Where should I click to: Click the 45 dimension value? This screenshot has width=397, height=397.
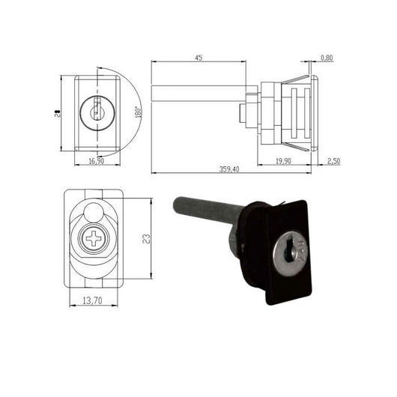[198, 58]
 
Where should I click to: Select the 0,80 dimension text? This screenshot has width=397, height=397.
[327, 58]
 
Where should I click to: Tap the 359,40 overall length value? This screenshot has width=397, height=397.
[229, 169]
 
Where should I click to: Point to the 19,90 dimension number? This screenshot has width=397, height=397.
[283, 161]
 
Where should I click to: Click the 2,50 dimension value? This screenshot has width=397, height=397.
[333, 161]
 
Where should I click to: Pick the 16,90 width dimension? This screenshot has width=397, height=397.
[96, 161]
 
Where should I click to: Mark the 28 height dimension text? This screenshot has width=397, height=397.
[58, 113]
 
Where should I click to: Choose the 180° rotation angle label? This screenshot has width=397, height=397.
[138, 112]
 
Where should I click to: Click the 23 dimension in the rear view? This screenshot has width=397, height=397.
[146, 239]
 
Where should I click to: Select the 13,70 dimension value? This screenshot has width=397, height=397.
[92, 300]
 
